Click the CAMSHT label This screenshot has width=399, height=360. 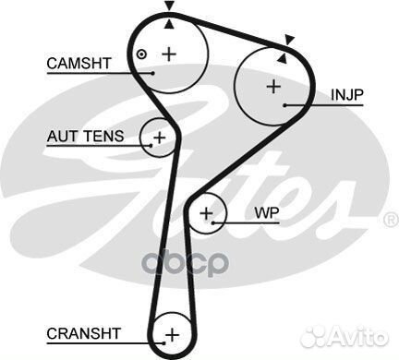(79, 63)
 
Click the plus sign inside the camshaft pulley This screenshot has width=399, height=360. (168, 54)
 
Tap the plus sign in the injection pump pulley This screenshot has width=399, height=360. (272, 87)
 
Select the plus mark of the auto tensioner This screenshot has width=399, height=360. (159, 138)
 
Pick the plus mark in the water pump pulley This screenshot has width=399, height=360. (207, 216)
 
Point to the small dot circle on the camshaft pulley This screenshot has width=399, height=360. (140, 54)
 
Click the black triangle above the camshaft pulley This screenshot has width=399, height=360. (168, 6)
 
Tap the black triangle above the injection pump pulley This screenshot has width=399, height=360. (290, 40)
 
